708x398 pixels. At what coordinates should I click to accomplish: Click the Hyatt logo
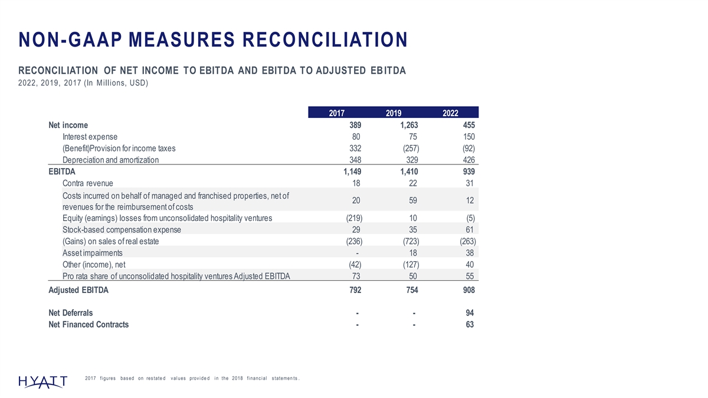point(42,381)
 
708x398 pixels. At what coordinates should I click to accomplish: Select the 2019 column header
point(393,113)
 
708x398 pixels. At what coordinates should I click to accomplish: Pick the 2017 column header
point(336,113)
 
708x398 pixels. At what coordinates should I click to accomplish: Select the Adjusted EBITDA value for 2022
point(466,291)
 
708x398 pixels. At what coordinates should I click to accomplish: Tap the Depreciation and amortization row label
point(110,160)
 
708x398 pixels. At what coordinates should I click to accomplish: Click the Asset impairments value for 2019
point(413,253)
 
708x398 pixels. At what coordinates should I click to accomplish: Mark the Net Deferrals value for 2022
point(470,313)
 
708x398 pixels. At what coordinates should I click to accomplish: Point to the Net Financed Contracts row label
point(88,324)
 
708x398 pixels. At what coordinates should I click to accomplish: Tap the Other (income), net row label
point(94,265)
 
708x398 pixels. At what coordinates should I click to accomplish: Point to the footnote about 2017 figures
point(193,378)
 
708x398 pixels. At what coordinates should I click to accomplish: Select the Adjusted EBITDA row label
point(78,291)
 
